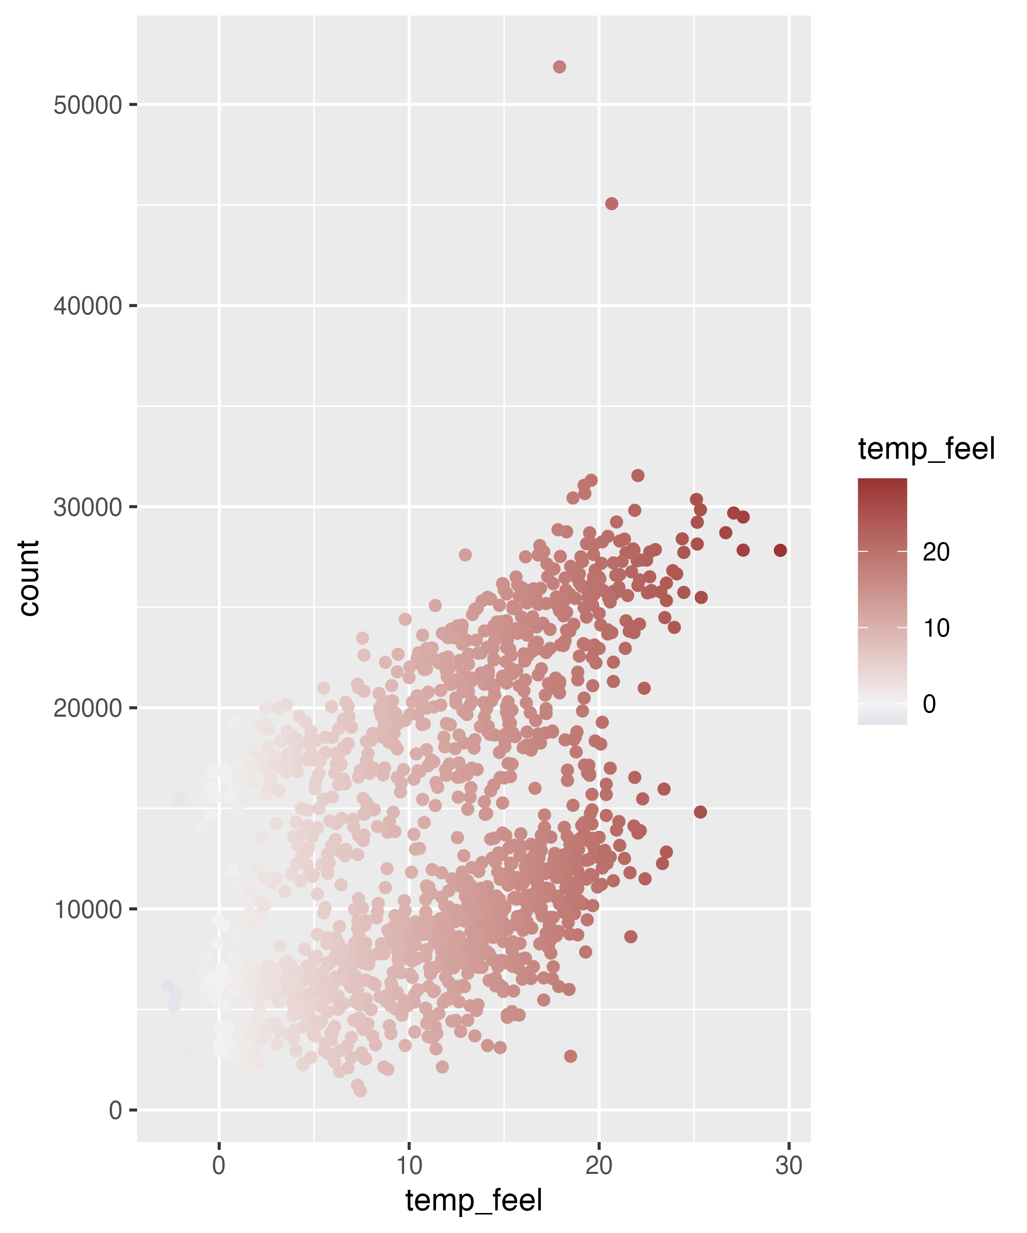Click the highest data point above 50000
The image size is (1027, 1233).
click(x=559, y=67)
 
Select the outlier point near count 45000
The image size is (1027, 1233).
click(x=612, y=204)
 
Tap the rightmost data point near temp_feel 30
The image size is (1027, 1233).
click(x=780, y=550)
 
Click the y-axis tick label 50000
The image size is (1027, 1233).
click(x=87, y=106)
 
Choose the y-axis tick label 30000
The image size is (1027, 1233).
click(x=87, y=507)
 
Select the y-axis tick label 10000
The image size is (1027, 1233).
click(x=87, y=909)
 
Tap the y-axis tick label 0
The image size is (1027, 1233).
click(x=116, y=1110)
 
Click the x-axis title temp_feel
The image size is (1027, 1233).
click(x=473, y=1201)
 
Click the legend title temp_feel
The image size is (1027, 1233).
click(x=926, y=449)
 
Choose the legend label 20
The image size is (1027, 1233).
click(x=936, y=552)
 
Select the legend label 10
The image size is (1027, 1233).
click(x=936, y=628)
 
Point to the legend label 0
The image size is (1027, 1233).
click(x=929, y=703)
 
